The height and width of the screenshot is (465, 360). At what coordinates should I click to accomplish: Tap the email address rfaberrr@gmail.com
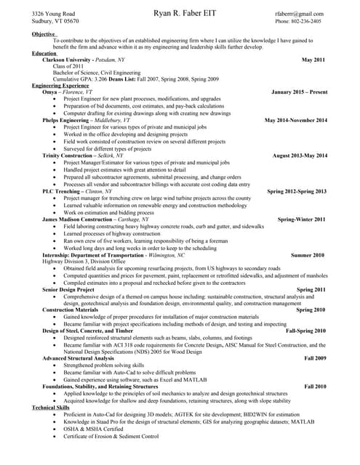coord(299,14)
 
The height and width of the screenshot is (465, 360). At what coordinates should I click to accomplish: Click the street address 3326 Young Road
coord(53,14)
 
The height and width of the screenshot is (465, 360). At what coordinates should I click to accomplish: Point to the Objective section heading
coord(44,33)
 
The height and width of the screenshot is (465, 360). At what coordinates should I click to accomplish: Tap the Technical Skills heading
coord(52,408)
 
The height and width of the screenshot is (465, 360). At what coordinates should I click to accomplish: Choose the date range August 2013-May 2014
coord(300,155)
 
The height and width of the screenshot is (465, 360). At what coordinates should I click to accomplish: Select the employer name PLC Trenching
coord(62,191)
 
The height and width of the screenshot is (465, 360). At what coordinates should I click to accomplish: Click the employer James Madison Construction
coord(81,219)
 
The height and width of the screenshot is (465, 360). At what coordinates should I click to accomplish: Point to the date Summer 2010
coord(308,255)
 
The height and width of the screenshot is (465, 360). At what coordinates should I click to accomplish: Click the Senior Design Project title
coord(68,289)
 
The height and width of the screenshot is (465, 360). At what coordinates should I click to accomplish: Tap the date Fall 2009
coord(315,358)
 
